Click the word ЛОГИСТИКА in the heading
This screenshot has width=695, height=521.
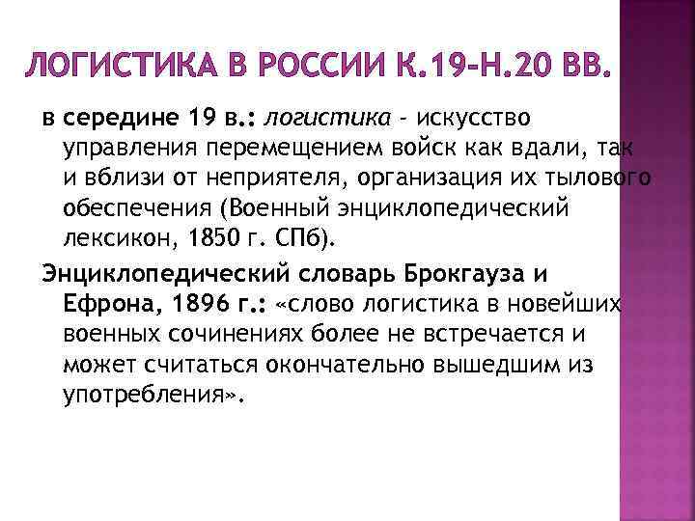[x=109, y=67]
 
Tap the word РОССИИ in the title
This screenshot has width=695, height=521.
[x=311, y=67]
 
